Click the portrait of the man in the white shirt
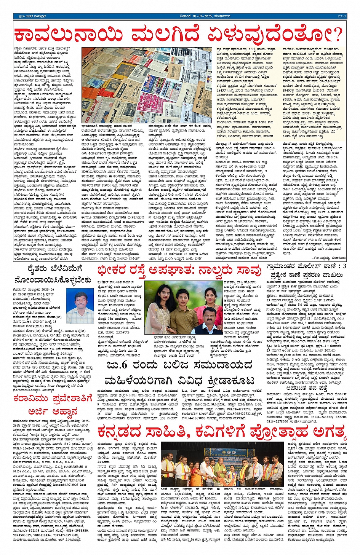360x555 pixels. click(x=80, y=306)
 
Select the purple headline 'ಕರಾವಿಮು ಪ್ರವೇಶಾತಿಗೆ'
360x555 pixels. click(x=53, y=399)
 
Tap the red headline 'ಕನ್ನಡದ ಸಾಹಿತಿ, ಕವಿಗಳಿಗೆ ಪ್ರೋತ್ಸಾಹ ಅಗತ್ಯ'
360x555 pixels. click(x=222, y=432)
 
